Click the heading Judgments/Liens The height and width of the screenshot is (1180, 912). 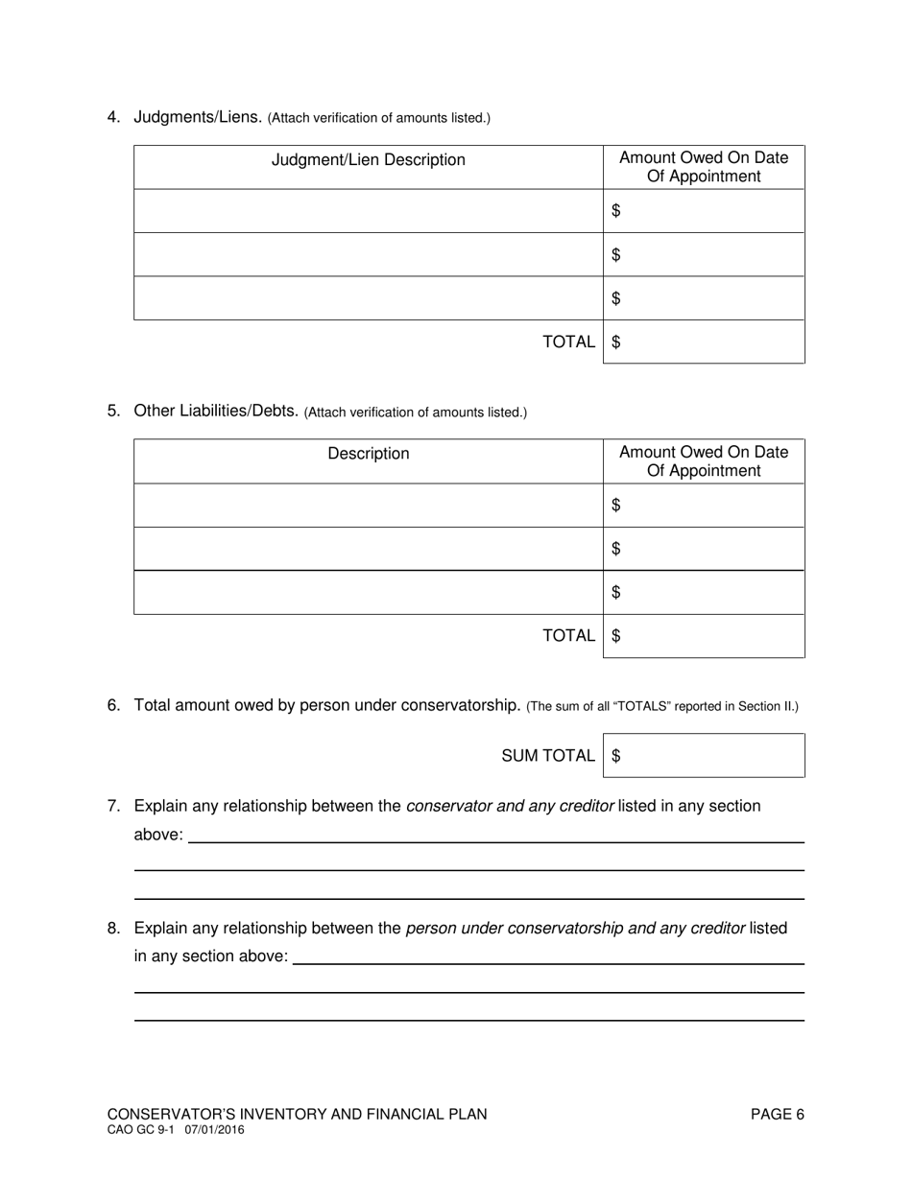pos(198,117)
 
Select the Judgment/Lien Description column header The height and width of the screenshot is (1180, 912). pos(368,160)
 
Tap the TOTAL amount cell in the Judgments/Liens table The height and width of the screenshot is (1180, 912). pos(704,342)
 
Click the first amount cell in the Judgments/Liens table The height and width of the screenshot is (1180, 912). pos(704,210)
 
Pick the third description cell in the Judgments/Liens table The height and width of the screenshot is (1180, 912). pos(368,298)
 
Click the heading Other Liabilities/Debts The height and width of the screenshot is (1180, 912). pos(217,411)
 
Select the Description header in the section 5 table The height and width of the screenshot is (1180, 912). pos(368,454)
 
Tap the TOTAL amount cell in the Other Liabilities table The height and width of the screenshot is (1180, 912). pos(704,635)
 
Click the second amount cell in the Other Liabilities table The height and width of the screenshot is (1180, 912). pos(704,549)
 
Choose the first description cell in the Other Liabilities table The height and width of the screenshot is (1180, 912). pos(368,505)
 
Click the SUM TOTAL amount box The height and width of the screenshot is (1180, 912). pos(704,756)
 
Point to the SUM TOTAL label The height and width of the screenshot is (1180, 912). pos(547,756)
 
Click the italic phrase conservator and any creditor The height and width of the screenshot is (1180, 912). pos(510,806)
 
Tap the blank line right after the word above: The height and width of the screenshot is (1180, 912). pos(495,835)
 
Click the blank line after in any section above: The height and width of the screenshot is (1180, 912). pos(547,956)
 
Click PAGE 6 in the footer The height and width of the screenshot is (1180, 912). pos(777,1114)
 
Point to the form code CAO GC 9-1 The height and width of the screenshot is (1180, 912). pos(140,1131)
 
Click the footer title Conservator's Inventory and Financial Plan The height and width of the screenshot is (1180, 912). pos(297,1114)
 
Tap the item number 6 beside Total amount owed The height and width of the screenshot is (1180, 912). pos(113,705)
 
